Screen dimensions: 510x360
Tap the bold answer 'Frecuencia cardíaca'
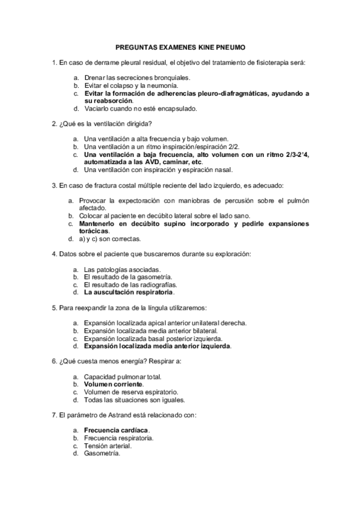coord(116,431)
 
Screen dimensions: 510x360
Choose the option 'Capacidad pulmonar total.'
coord(123,376)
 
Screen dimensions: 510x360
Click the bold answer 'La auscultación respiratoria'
coord(129,292)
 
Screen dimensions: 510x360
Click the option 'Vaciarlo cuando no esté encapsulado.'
coord(141,109)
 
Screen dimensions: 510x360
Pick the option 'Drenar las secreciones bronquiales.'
coord(137,78)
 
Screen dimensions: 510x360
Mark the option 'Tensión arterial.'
coord(108,446)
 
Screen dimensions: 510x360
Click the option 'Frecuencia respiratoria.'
coord(118,438)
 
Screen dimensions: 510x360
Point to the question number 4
coord(55,253)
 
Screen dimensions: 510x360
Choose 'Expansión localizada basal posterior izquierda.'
coord(153,338)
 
